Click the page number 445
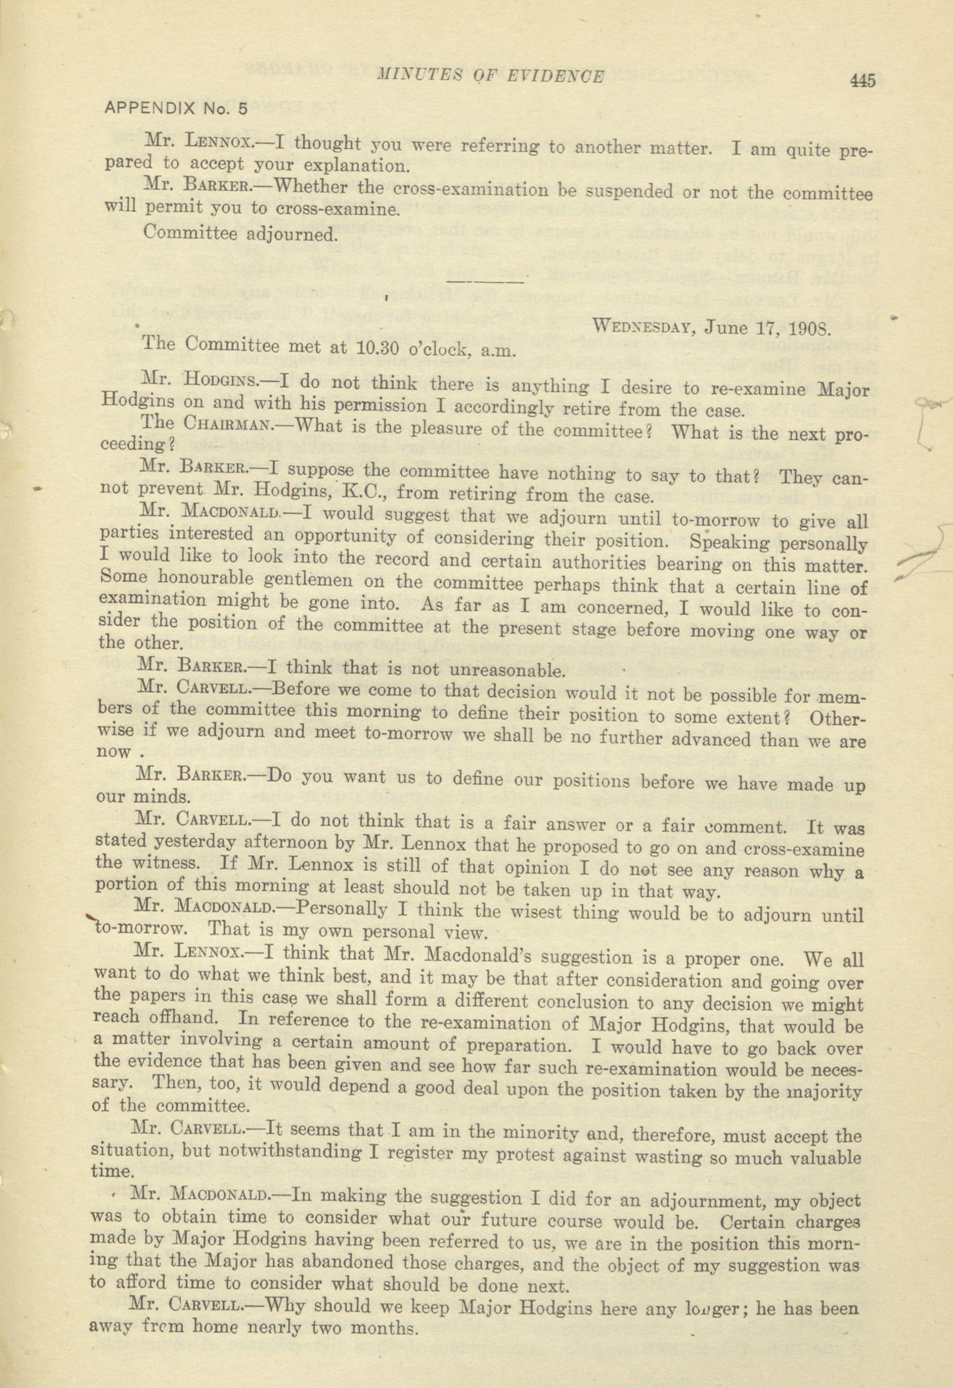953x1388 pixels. click(x=860, y=81)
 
